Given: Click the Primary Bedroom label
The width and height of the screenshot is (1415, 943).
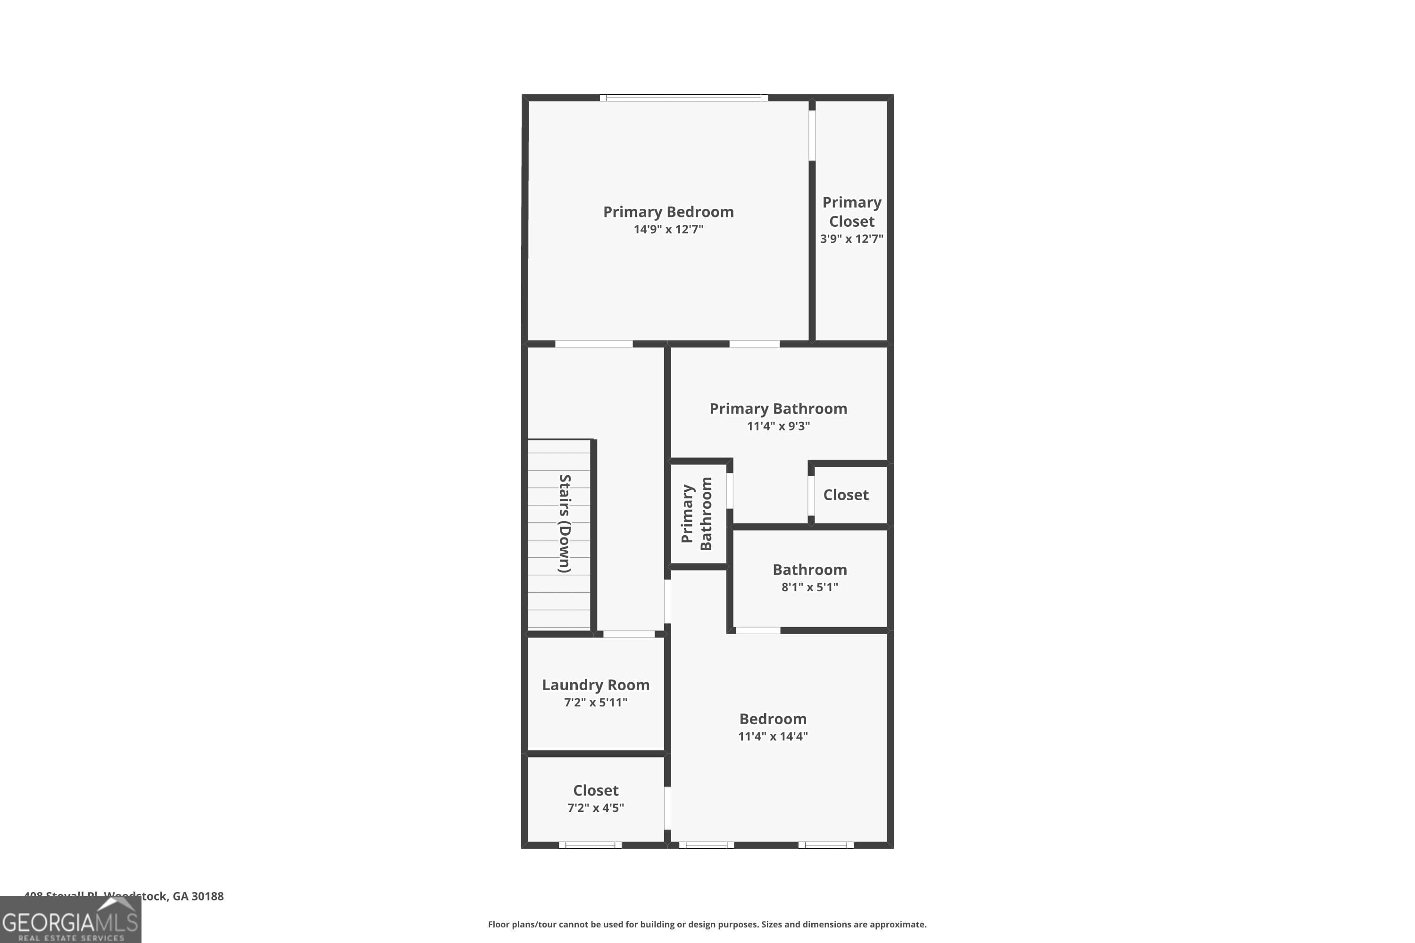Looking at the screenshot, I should (x=668, y=212).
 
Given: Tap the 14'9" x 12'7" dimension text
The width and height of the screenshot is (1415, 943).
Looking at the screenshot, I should (x=668, y=229).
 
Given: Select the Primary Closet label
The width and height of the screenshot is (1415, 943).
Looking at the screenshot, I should (x=851, y=212).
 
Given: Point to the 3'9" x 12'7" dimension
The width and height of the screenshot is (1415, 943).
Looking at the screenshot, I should (x=851, y=239).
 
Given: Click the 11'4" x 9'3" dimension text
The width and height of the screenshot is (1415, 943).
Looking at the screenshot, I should (x=778, y=426).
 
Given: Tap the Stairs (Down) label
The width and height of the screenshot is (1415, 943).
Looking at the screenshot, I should (x=564, y=523).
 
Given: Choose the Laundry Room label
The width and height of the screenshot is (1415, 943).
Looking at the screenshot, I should (x=596, y=685).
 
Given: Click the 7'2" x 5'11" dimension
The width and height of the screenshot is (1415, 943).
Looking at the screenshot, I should (x=596, y=703).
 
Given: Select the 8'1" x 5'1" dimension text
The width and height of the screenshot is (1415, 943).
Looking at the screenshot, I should (x=809, y=587).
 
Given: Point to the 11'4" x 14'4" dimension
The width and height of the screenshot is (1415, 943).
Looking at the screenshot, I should (x=773, y=736).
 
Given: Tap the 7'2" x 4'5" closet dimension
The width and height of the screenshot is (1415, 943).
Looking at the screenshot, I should (x=596, y=808).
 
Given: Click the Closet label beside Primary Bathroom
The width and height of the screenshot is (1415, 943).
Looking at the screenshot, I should (x=845, y=495).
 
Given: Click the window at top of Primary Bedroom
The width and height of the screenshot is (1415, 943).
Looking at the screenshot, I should (x=683, y=98).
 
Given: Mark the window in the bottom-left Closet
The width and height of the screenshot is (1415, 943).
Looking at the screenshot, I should (x=590, y=845).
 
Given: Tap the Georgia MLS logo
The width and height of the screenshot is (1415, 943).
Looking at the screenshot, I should (x=70, y=920).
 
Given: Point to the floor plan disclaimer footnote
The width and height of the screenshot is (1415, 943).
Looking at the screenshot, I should (x=707, y=924).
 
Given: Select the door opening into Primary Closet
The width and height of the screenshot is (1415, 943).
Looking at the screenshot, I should (x=812, y=135).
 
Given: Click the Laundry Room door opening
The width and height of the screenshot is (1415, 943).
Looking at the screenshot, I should (x=629, y=634).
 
